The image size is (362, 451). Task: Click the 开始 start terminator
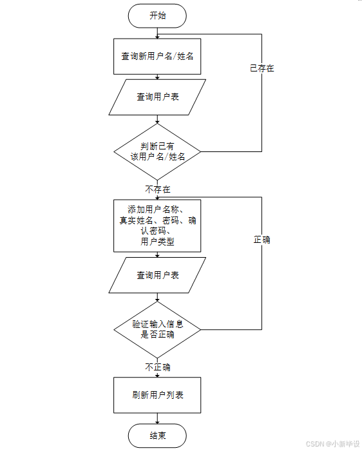157,16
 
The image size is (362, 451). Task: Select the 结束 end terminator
157,436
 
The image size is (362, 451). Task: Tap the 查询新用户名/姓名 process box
157,57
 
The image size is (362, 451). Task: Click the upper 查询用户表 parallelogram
157,97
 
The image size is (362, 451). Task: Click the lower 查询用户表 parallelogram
157,275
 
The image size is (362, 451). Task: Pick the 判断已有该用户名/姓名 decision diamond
157,151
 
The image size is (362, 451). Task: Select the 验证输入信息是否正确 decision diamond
157,330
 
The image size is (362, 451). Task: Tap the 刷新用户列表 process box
157,395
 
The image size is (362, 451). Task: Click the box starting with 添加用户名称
157,225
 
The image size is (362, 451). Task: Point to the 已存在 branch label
262,68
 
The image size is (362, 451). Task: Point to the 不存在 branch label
158,189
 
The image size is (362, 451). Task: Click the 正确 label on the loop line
262,240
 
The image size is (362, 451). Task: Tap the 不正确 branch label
158,367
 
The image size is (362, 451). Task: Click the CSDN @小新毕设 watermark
332,444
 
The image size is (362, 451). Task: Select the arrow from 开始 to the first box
157,33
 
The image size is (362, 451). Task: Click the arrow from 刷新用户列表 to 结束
157,419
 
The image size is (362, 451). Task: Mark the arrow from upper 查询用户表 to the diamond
157,119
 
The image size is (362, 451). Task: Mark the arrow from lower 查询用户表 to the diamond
157,298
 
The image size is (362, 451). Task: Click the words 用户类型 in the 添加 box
157,242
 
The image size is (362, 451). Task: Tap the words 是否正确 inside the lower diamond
157,334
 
